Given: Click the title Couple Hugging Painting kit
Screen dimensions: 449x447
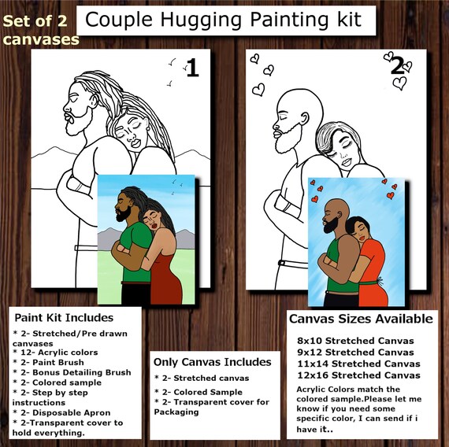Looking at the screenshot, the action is (x=224, y=20).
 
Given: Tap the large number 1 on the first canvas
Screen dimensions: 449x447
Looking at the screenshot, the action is (x=192, y=68).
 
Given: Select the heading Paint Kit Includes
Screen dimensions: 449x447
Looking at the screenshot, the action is (x=64, y=318).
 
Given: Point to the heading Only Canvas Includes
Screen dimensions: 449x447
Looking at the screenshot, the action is (x=212, y=362).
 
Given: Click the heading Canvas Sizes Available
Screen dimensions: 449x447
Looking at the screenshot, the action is (x=361, y=319).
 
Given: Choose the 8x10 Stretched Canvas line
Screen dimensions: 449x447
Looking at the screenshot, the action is (x=355, y=341).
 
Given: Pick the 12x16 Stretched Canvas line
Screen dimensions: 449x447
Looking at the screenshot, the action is (x=358, y=375).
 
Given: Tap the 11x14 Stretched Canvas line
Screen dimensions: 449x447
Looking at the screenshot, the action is (x=358, y=364).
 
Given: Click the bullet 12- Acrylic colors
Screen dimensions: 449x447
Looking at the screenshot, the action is (x=55, y=353).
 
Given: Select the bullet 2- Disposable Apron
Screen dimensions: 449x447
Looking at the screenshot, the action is (x=61, y=412).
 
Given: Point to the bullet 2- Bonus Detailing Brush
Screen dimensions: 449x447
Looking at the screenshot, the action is (x=72, y=372).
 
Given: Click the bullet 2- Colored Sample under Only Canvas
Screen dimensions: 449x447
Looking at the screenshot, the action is (x=199, y=392).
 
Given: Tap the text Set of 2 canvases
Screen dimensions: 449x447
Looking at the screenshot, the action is (x=41, y=30).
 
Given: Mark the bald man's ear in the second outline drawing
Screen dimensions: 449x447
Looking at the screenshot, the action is (x=306, y=119).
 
